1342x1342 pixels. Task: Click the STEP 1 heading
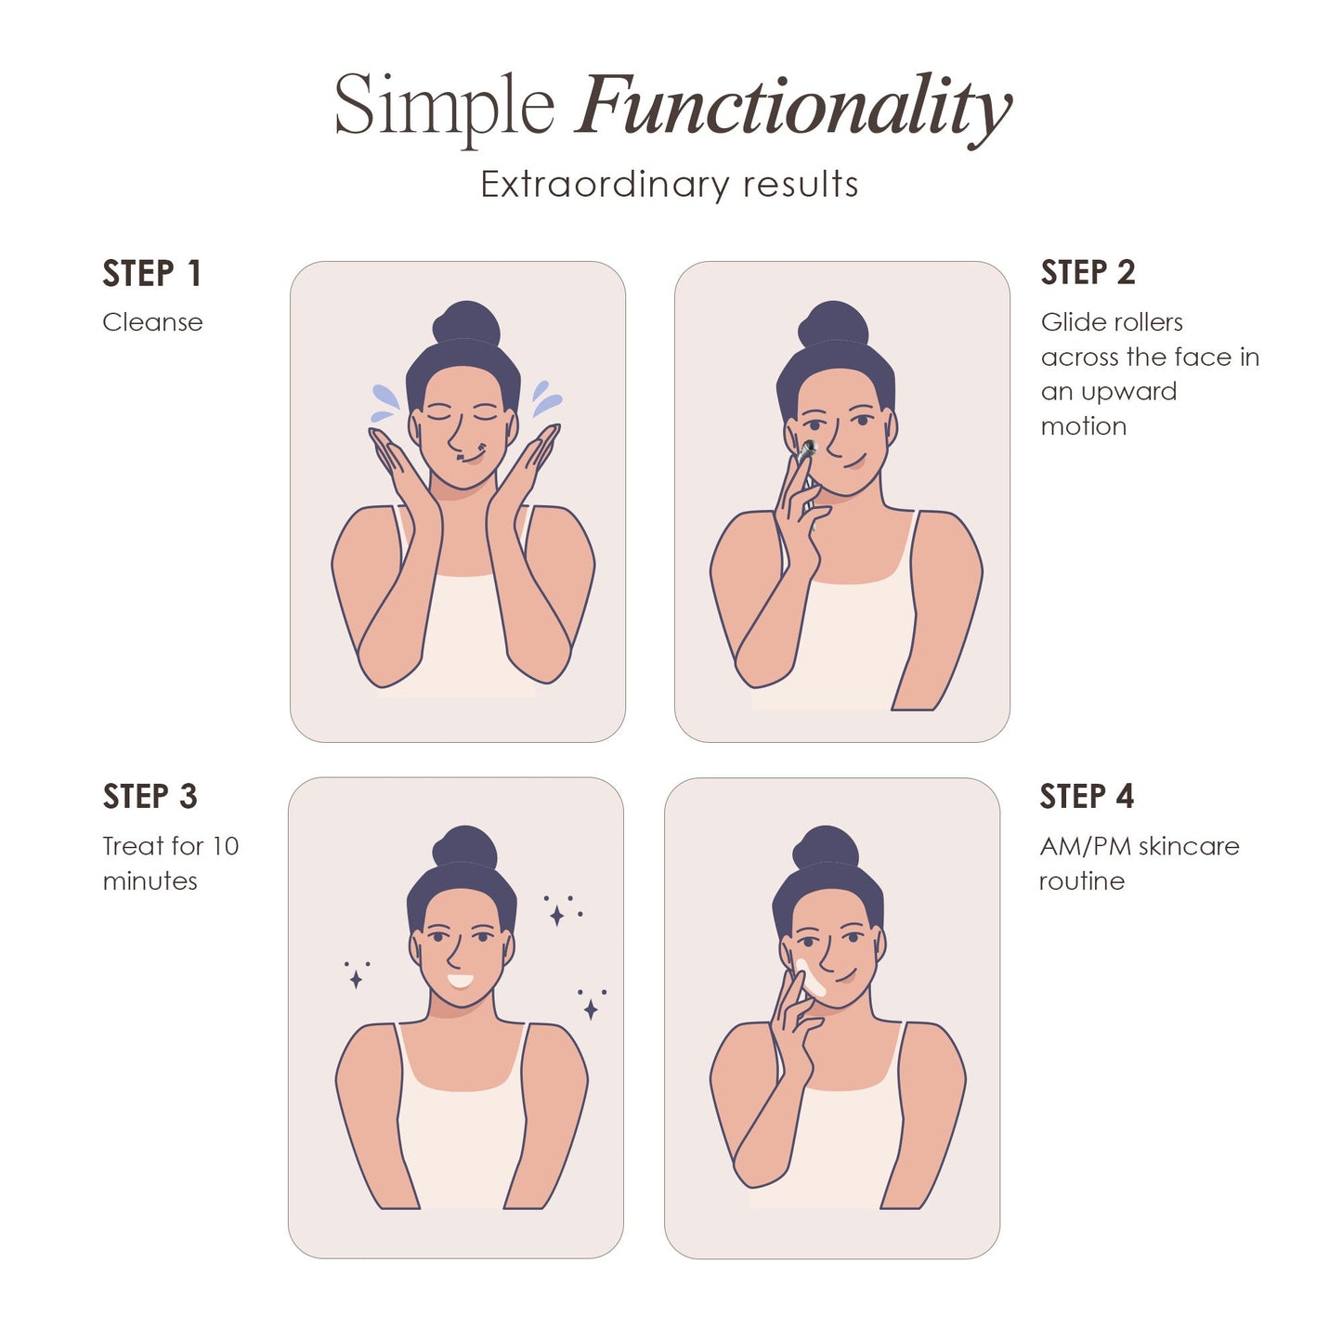click(151, 274)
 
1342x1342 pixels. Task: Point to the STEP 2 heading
click(1088, 273)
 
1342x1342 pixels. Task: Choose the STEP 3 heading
click(150, 797)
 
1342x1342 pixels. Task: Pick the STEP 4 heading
click(1087, 797)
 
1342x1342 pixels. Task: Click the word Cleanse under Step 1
click(152, 322)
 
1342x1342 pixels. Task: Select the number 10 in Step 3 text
click(225, 846)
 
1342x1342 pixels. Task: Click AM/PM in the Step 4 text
click(1085, 846)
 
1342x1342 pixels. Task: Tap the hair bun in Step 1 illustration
click(466, 322)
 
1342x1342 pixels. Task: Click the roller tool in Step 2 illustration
click(804, 451)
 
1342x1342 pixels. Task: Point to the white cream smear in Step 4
click(810, 978)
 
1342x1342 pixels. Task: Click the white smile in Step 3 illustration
click(460, 981)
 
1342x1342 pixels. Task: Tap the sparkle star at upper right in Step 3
click(557, 916)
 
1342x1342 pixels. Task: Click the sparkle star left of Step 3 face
click(356, 978)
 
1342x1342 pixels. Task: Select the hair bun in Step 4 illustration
click(826, 846)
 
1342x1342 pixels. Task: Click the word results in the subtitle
click(801, 184)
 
